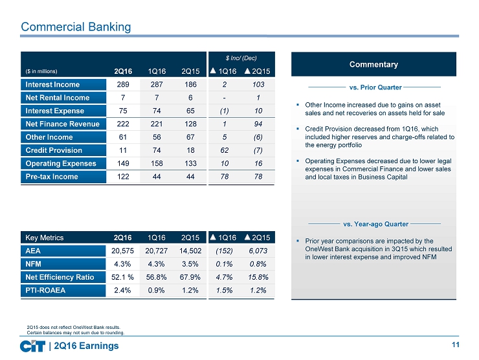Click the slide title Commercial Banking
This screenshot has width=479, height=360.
click(x=76, y=27)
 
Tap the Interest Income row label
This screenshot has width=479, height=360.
click(x=53, y=84)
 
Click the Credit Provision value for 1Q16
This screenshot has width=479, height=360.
click(x=156, y=150)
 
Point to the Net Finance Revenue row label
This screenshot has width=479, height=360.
click(x=61, y=124)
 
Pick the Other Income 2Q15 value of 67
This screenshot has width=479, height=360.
click(x=190, y=137)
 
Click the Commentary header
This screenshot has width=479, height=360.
click(x=374, y=64)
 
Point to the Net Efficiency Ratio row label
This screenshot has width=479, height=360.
click(x=60, y=277)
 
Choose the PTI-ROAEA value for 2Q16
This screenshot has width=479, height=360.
click(x=122, y=290)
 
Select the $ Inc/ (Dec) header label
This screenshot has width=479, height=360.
click(x=241, y=58)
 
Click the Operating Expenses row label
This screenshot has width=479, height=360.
click(x=61, y=163)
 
